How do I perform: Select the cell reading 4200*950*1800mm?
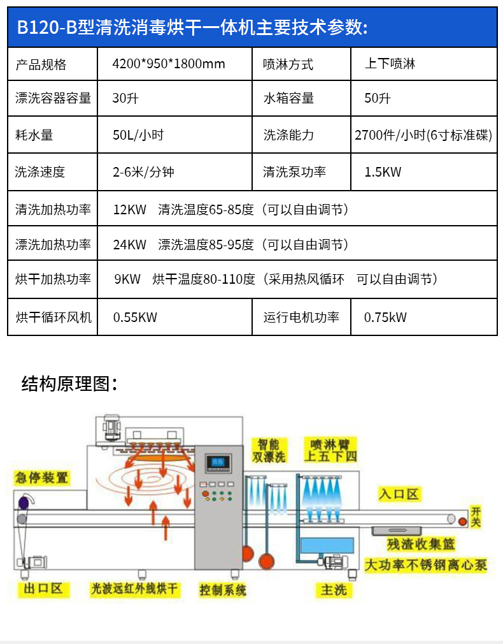click(169, 64)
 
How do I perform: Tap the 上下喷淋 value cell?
click(390, 64)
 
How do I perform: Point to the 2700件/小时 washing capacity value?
click(423, 135)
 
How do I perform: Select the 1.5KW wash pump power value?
click(383, 172)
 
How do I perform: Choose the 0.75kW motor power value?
click(385, 317)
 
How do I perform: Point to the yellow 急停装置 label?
click(42, 477)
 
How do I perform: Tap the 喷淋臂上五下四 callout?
click(330, 450)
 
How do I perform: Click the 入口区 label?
click(399, 494)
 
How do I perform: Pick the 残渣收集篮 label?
click(422, 545)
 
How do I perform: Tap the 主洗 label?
click(333, 590)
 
